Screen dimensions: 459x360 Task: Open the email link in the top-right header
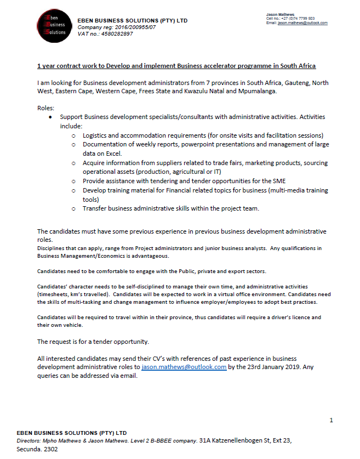point(302,23)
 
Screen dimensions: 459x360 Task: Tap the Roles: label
point(45,109)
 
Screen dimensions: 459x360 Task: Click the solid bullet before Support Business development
point(50,117)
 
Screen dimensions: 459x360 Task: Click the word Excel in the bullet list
point(111,154)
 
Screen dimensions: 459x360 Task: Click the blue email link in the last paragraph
point(184,367)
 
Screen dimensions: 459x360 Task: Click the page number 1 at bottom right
point(332,420)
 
